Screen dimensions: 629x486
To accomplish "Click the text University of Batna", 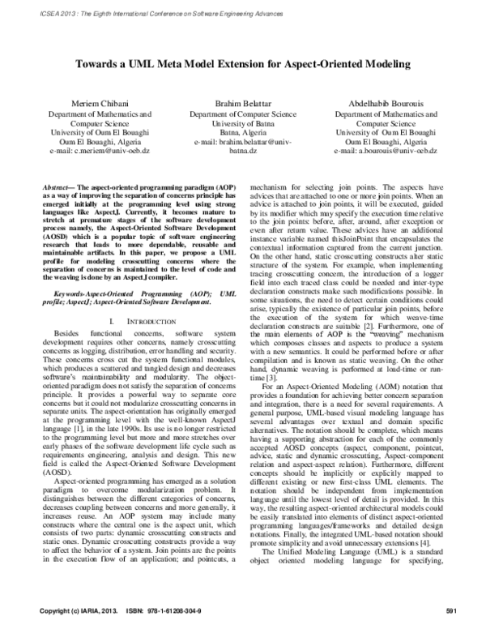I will pos(241,124).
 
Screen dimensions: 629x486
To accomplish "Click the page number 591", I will pos(452,610).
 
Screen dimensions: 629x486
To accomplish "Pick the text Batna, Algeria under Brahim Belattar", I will pos(241,133).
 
